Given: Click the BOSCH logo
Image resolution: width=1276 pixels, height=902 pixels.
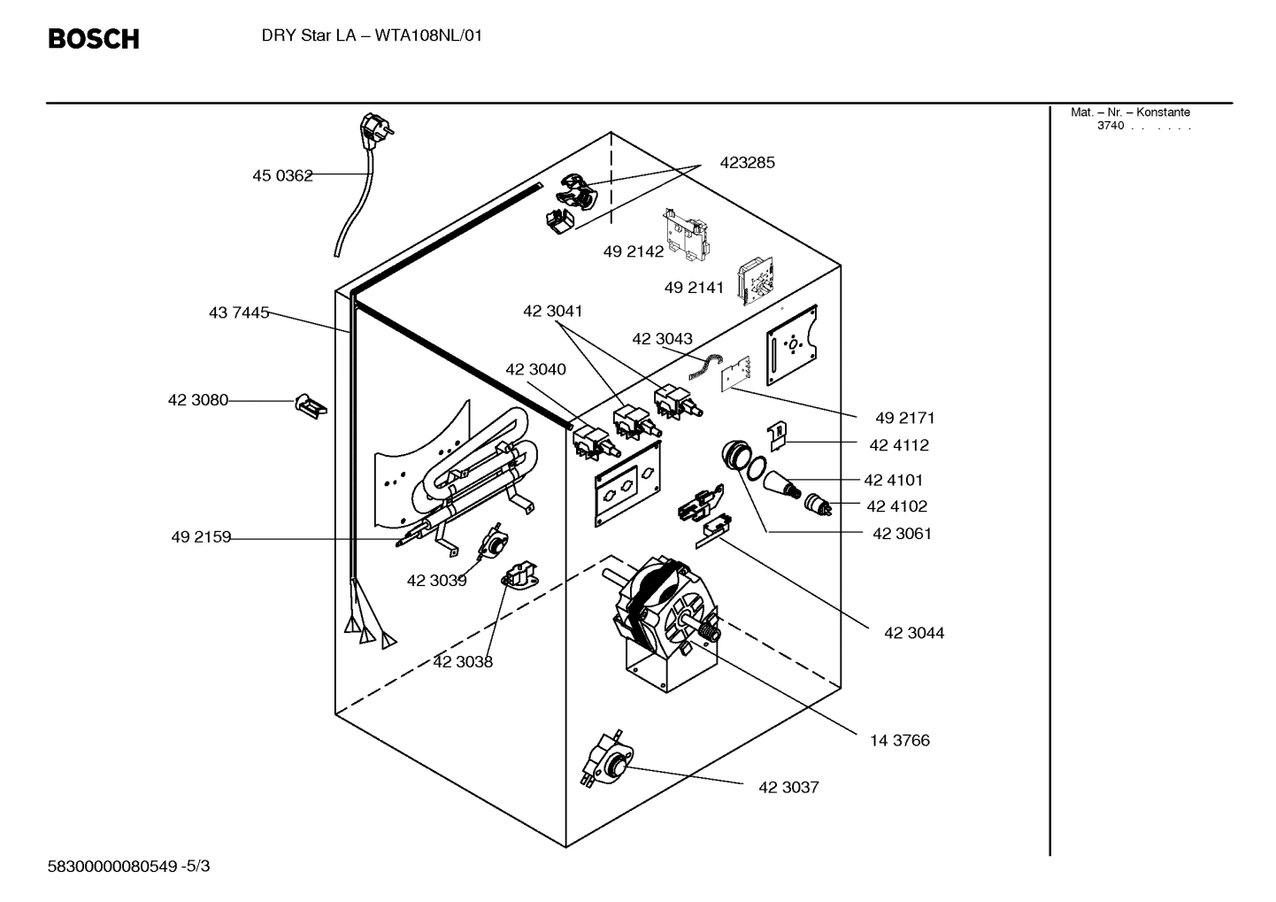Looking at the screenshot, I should click(93, 39).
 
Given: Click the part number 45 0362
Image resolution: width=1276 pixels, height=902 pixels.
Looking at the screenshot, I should click(282, 175).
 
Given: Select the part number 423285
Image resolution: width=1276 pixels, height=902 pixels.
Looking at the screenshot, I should click(747, 163).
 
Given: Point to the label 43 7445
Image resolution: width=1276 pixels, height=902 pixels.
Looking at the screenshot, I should click(239, 312).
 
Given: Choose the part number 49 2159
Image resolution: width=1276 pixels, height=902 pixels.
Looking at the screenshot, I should click(201, 537).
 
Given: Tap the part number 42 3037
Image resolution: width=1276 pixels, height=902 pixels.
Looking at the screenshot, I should click(788, 787).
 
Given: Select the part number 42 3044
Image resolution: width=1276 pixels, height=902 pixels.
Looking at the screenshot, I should click(914, 633).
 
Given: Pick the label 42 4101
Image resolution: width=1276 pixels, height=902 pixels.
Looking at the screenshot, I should click(893, 480).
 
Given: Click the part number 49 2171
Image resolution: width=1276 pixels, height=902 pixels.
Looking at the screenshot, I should click(904, 418).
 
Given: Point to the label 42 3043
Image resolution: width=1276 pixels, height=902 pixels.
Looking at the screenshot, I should click(662, 339).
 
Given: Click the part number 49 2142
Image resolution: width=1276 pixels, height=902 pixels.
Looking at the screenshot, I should click(633, 251).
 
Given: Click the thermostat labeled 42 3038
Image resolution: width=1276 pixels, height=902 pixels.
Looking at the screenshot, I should click(520, 576).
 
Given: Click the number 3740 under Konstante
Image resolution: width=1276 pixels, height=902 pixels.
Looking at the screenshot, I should click(1110, 126).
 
